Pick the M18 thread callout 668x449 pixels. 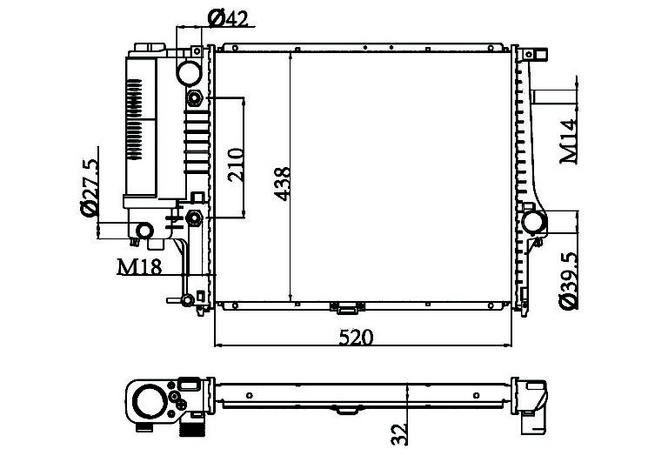click(x=139, y=266)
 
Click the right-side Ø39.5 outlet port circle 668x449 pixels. click(x=534, y=222)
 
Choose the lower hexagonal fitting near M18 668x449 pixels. click(x=195, y=217)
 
